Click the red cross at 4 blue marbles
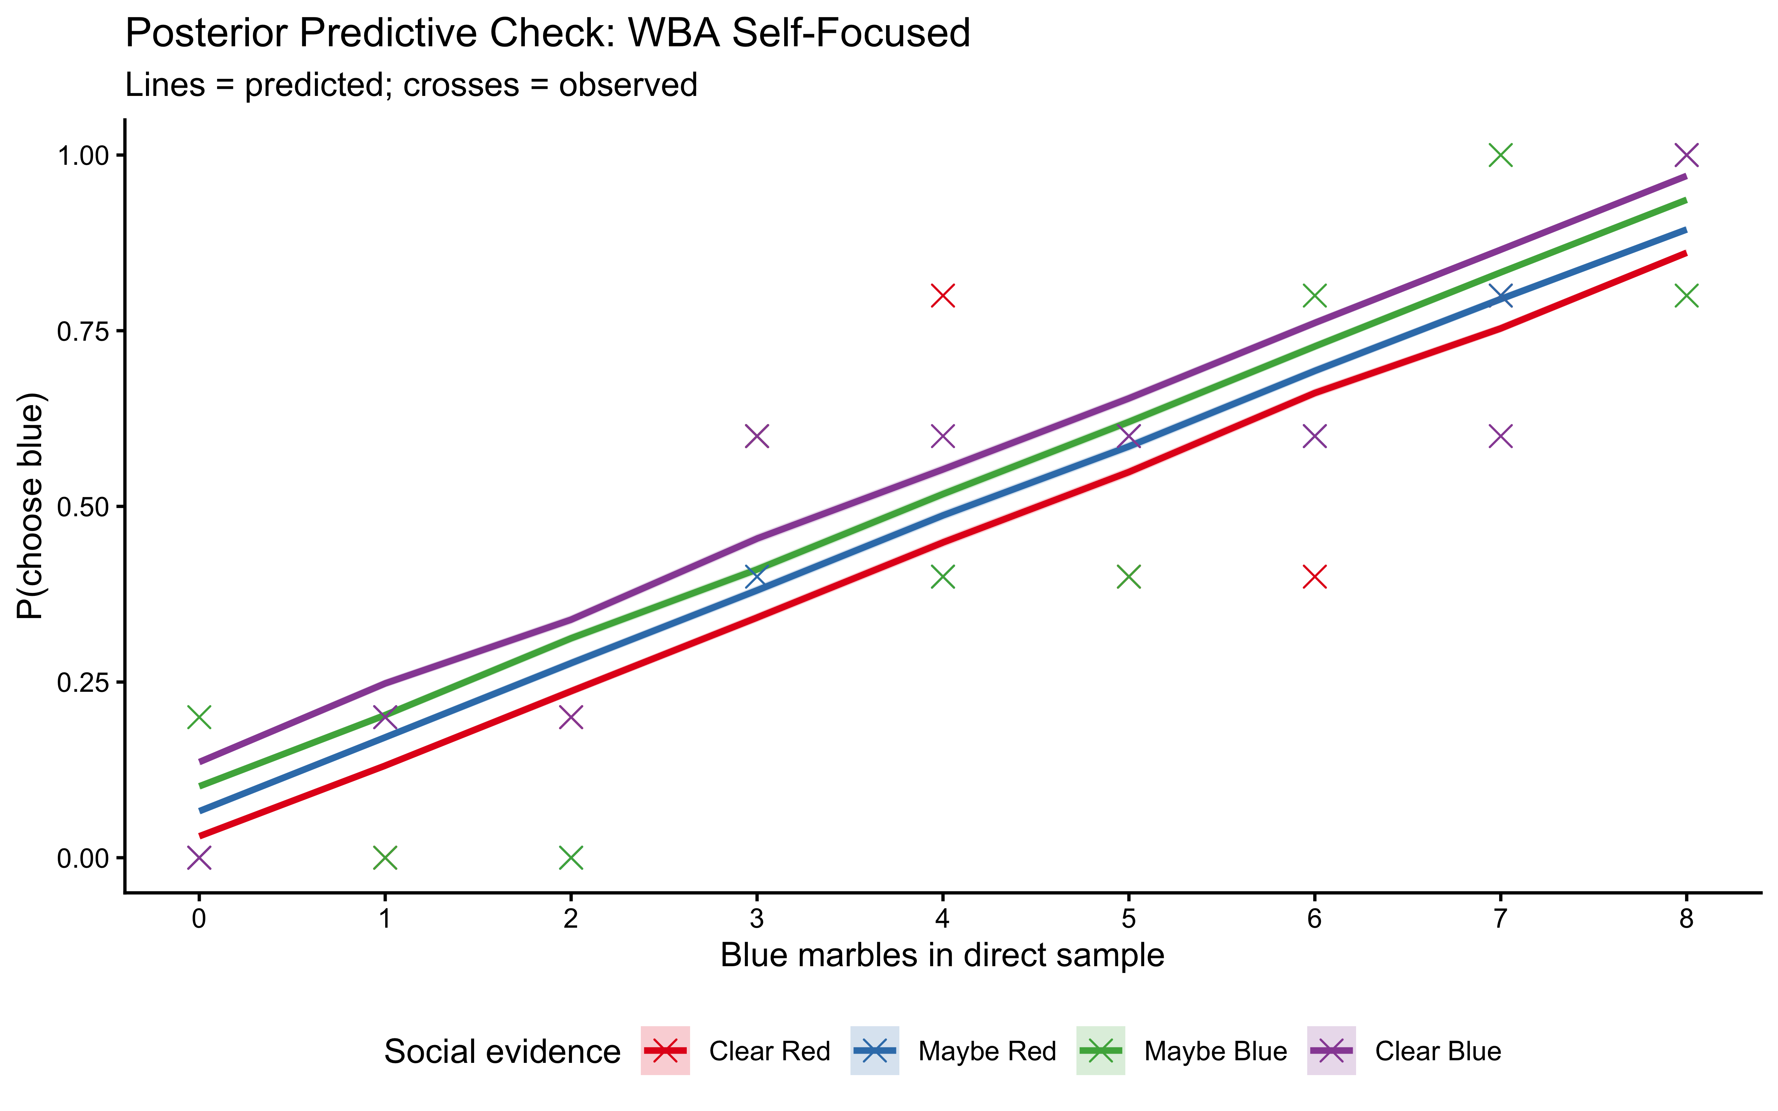coord(943,296)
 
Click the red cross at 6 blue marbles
coord(1314,577)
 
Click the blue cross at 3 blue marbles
coord(757,577)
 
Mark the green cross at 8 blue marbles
coord(1686,296)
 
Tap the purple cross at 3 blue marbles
coord(757,437)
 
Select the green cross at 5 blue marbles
coord(1129,577)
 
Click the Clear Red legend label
coord(769,1051)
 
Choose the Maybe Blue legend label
coord(1215,1051)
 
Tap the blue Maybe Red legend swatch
coord(874,1051)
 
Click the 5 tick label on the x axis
coord(1129,919)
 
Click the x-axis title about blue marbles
coord(942,955)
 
